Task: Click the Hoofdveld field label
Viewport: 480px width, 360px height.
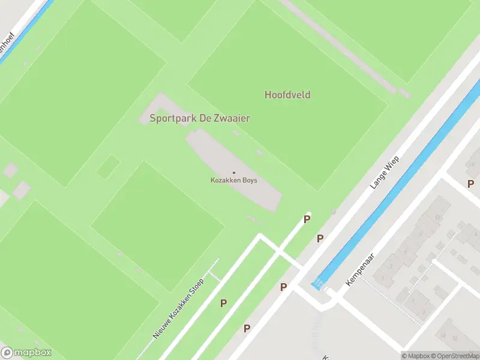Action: tap(287, 95)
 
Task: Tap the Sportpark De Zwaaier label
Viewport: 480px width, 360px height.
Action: tap(200, 118)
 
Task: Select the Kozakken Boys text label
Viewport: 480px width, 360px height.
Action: tap(233, 180)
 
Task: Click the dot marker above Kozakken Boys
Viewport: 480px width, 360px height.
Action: tap(234, 173)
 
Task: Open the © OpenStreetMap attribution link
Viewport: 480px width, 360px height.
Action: tap(455, 356)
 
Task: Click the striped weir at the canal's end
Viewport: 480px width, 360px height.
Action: tap(316, 285)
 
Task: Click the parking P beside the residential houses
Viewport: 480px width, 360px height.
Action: tap(470, 183)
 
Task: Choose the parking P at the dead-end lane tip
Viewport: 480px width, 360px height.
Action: tap(307, 219)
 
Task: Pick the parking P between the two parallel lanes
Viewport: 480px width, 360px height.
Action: tap(223, 303)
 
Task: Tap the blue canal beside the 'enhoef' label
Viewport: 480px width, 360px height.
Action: tap(24, 30)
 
